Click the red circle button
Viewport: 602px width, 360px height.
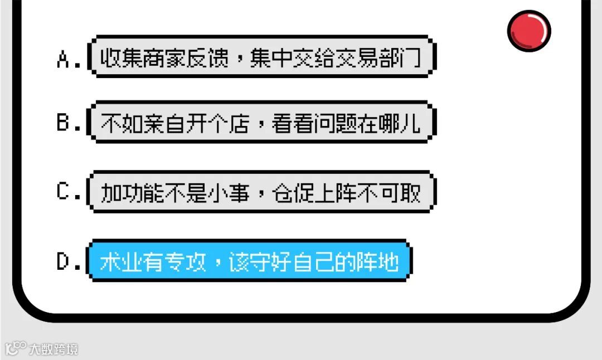click(x=529, y=31)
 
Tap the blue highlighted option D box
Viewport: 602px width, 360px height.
click(x=249, y=261)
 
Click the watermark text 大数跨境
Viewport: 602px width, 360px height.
click(x=54, y=349)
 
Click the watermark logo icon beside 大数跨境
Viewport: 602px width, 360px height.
click(x=16, y=349)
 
